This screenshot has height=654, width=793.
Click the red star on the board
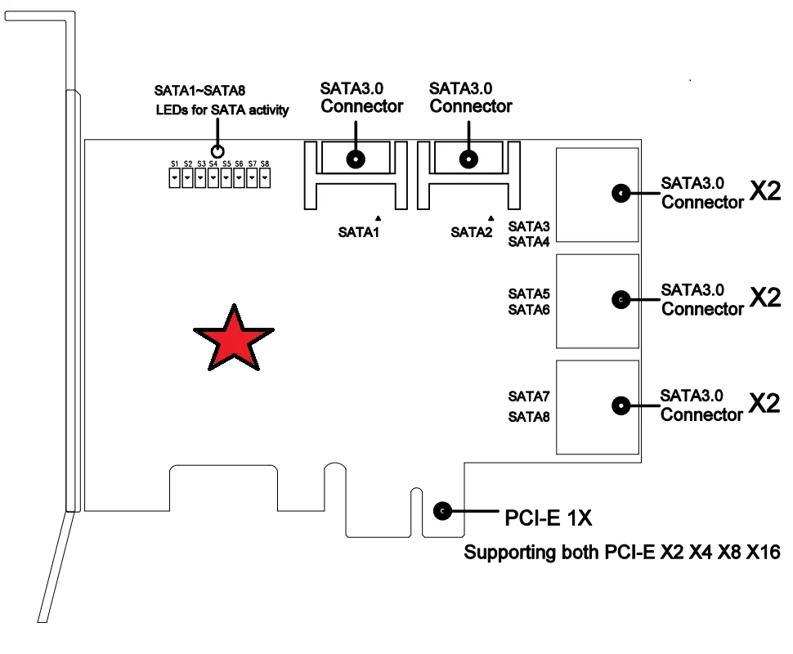(x=234, y=338)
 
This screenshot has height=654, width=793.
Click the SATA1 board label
(x=360, y=232)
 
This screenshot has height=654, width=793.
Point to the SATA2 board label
(x=472, y=232)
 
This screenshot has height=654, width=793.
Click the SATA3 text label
(x=529, y=225)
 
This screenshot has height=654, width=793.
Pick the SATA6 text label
(x=529, y=310)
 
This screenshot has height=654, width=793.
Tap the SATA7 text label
(x=529, y=396)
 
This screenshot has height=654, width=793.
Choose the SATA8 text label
(x=529, y=416)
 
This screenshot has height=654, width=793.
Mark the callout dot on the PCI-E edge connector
(x=442, y=511)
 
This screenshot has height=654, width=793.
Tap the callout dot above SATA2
(x=468, y=159)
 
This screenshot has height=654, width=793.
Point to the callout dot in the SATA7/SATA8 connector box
(x=621, y=405)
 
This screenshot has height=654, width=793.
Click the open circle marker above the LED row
(x=217, y=151)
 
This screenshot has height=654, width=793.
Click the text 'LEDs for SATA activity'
(x=222, y=110)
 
